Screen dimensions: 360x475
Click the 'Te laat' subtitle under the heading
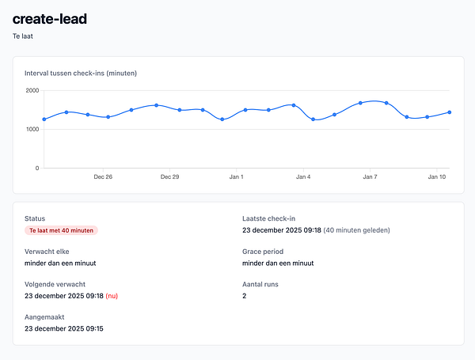tap(23, 36)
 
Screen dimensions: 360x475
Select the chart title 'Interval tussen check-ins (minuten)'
tap(81, 74)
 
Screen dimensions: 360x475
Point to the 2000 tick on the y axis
tap(32, 90)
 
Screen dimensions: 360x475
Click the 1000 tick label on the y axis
tap(32, 129)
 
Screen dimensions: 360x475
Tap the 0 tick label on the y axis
tap(36, 168)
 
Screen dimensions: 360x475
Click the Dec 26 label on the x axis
tap(103, 177)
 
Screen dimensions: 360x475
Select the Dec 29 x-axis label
tap(169, 177)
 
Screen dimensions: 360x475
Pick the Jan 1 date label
tap(236, 177)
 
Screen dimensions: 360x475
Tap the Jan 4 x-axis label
tap(303, 177)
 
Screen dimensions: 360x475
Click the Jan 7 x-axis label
tap(370, 177)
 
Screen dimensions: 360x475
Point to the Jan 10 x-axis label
tap(437, 177)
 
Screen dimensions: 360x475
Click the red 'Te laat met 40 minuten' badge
tap(61, 230)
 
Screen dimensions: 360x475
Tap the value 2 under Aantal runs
tap(245, 296)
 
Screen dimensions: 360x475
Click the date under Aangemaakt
tap(63, 328)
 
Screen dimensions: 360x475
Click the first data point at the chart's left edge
tap(44, 119)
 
